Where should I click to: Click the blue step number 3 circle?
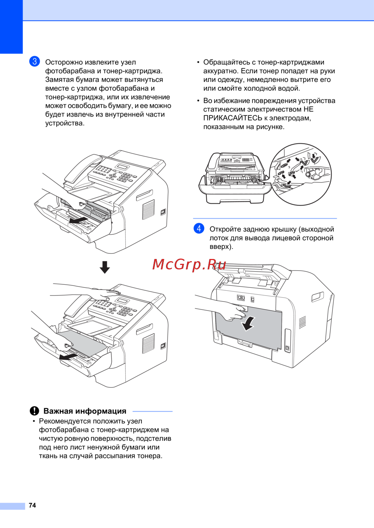[x=34, y=61]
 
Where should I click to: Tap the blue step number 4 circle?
[x=199, y=228]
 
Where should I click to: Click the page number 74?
[x=33, y=505]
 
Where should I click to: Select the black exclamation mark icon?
[x=34, y=411]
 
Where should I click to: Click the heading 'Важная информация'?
[x=85, y=411]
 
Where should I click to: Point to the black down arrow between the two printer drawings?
[x=105, y=267]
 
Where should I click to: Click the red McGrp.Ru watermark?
[x=189, y=264]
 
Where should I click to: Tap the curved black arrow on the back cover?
[x=248, y=323]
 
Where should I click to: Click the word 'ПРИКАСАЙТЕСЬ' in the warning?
[x=233, y=118]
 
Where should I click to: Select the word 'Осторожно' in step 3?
[x=64, y=62]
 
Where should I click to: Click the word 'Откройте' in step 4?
[x=225, y=229]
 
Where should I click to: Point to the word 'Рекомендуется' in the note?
[x=65, y=421]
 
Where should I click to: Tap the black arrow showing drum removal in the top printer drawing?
[x=79, y=220]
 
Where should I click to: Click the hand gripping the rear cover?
[x=234, y=312]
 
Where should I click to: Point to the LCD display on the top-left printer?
[x=122, y=167]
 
